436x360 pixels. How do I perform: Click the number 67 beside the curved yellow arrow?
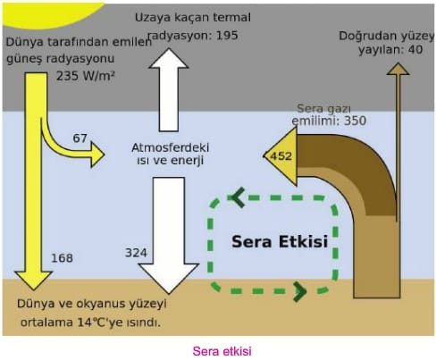pyautogui.click(x=80, y=138)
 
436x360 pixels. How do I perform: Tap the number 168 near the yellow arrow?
pyautogui.click(x=62, y=258)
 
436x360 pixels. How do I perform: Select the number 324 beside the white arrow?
pyautogui.click(x=136, y=253)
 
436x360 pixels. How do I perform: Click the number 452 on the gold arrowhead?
pyautogui.click(x=281, y=156)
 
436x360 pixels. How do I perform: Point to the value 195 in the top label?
pyautogui.click(x=227, y=36)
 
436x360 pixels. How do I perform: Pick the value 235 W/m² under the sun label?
pyautogui.click(x=86, y=76)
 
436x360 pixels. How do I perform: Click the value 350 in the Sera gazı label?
pyautogui.click(x=355, y=121)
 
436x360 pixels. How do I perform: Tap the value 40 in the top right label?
pyautogui.click(x=415, y=49)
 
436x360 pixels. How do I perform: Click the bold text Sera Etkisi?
pyautogui.click(x=280, y=241)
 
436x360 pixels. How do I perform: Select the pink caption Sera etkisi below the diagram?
pyautogui.click(x=222, y=351)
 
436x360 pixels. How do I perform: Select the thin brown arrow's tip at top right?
pyautogui.click(x=398, y=63)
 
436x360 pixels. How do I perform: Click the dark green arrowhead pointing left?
pyautogui.click(x=238, y=197)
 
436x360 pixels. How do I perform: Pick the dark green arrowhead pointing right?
pyautogui.click(x=300, y=291)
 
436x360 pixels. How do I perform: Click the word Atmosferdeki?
pyautogui.click(x=171, y=147)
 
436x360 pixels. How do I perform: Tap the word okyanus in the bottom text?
pyautogui.click(x=101, y=305)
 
